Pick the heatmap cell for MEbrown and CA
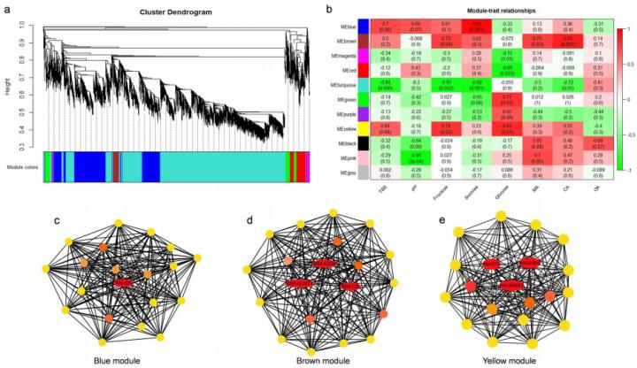(566, 42)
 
